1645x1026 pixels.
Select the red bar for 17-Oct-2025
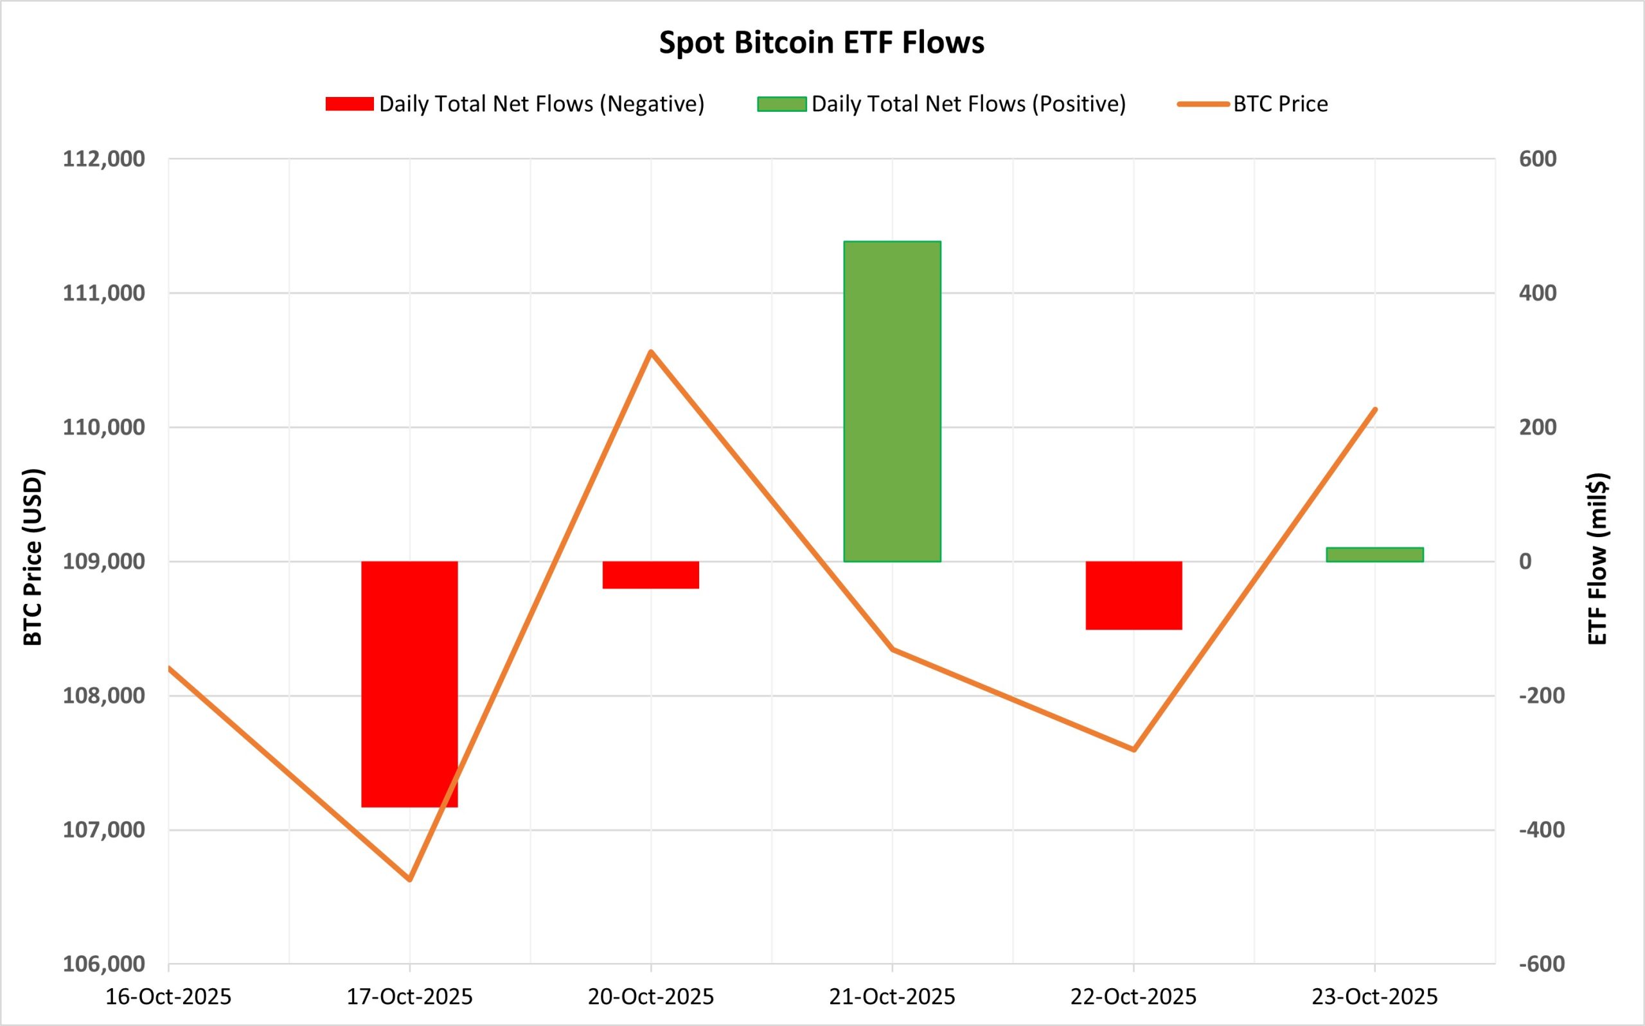click(x=409, y=684)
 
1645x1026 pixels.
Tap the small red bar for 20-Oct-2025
click(x=651, y=575)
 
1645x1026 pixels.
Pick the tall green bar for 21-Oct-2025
click(x=892, y=401)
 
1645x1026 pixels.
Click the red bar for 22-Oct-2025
click(x=1134, y=595)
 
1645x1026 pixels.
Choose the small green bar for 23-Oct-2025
click(x=1374, y=554)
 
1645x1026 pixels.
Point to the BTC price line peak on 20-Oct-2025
click(x=651, y=351)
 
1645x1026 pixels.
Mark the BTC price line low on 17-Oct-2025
click(x=410, y=880)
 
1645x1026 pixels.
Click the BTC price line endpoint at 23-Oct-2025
click(x=1375, y=409)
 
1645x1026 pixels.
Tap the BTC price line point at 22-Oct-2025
click(x=1134, y=750)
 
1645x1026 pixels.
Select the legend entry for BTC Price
click(x=1280, y=104)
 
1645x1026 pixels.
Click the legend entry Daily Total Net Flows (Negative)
click(x=541, y=104)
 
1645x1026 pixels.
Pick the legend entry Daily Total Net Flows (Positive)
click(x=968, y=104)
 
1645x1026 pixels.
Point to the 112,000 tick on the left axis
click(x=104, y=159)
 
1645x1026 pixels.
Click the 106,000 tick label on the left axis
click(x=104, y=964)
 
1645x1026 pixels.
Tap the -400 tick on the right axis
click(x=1542, y=829)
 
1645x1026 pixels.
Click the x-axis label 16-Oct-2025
click(x=168, y=997)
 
